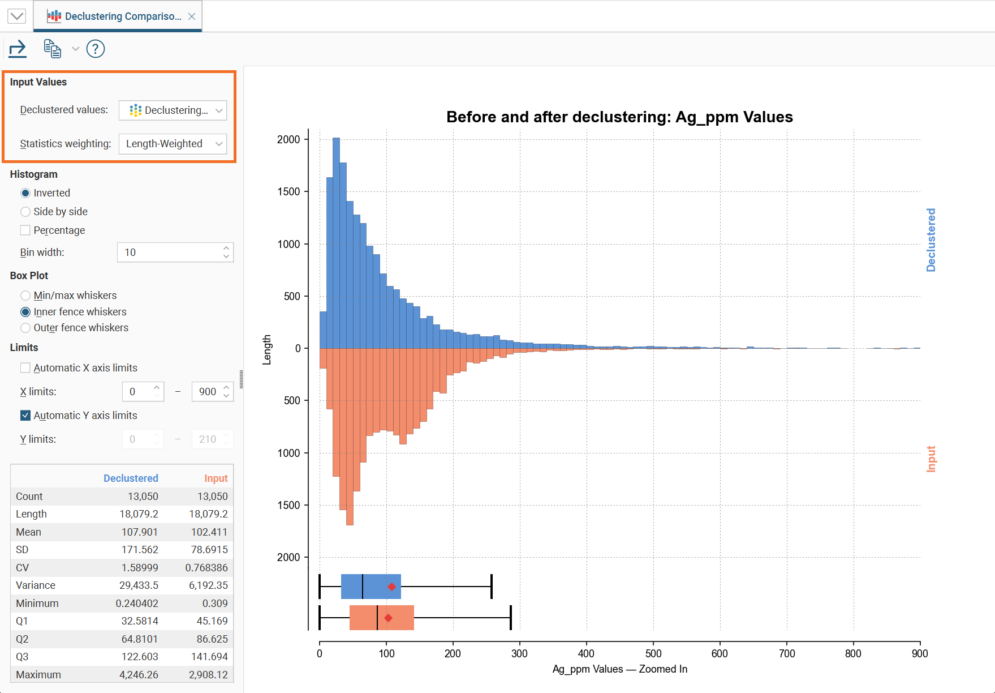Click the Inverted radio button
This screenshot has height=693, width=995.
click(25, 193)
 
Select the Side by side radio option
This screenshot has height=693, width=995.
click(25, 212)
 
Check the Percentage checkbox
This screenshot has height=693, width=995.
click(25, 230)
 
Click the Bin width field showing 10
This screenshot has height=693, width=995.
click(170, 253)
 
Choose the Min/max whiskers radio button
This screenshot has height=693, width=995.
click(25, 296)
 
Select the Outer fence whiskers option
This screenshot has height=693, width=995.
click(25, 328)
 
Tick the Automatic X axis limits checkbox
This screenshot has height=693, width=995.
click(25, 368)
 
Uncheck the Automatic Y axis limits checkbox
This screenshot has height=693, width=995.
click(25, 416)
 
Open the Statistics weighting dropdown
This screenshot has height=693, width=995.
click(173, 144)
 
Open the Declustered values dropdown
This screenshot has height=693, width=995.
click(173, 110)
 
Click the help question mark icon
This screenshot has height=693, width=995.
click(96, 49)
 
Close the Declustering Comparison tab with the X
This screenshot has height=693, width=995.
click(192, 16)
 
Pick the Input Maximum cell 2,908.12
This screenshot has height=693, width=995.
click(208, 675)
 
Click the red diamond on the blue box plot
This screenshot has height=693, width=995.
click(391, 587)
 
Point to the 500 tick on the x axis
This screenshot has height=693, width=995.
click(653, 653)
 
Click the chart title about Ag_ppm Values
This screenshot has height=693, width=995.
click(619, 117)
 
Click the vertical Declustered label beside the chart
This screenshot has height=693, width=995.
click(931, 240)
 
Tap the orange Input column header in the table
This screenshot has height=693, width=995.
click(216, 478)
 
